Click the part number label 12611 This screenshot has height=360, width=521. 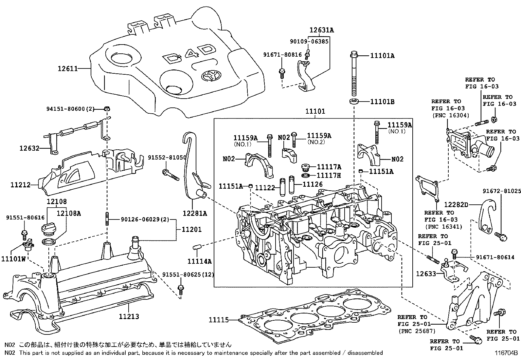[68, 68]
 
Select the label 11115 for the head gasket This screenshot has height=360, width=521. [219, 320]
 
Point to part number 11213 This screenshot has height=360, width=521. [129, 316]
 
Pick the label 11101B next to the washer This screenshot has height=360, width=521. [382, 102]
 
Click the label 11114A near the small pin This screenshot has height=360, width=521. [199, 261]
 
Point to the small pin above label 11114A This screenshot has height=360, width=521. [197, 247]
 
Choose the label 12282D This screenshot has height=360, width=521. [456, 205]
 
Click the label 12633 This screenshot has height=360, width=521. [426, 273]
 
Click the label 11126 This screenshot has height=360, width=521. [313, 184]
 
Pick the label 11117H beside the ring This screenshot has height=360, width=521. [329, 176]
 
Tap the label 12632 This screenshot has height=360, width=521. [29, 148]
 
